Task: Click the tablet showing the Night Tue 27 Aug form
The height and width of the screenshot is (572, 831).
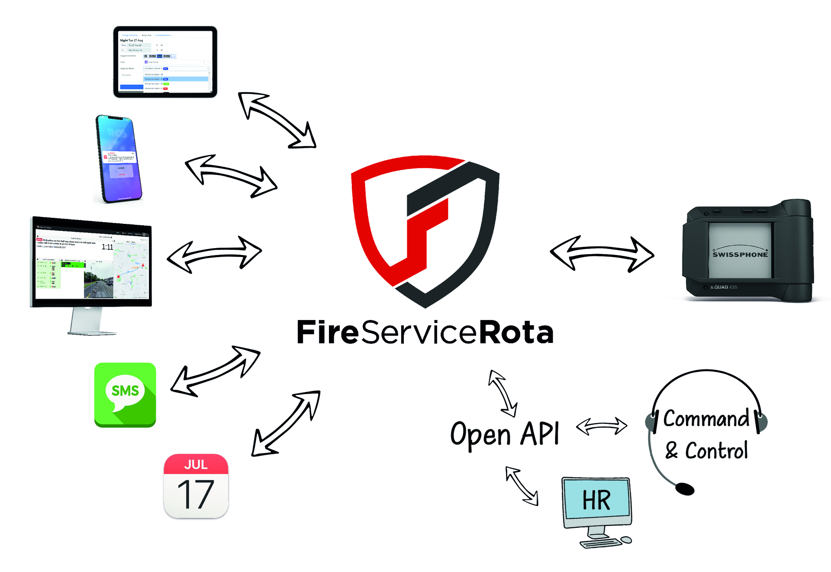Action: (x=165, y=62)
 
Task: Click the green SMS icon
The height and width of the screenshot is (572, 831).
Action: (x=125, y=394)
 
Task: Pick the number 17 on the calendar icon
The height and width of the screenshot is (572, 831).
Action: (x=196, y=494)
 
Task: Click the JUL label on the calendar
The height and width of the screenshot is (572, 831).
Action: (x=196, y=465)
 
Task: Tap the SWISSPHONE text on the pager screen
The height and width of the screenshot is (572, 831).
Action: (x=740, y=255)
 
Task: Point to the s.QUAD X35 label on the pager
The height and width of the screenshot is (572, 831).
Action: (x=723, y=287)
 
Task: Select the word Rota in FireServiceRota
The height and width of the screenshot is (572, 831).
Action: (x=516, y=333)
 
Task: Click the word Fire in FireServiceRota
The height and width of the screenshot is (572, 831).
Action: (x=328, y=333)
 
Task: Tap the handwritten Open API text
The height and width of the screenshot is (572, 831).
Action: (x=505, y=434)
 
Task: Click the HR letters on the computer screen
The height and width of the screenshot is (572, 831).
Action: (x=596, y=500)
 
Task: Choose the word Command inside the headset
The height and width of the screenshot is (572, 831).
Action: (x=706, y=419)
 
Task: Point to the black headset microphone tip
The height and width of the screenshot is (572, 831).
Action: (x=685, y=489)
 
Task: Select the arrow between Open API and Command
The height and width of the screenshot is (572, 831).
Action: (x=602, y=426)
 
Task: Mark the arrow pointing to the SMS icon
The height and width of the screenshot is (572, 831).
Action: (x=215, y=372)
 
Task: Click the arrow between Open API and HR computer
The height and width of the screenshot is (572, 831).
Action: (x=522, y=486)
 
